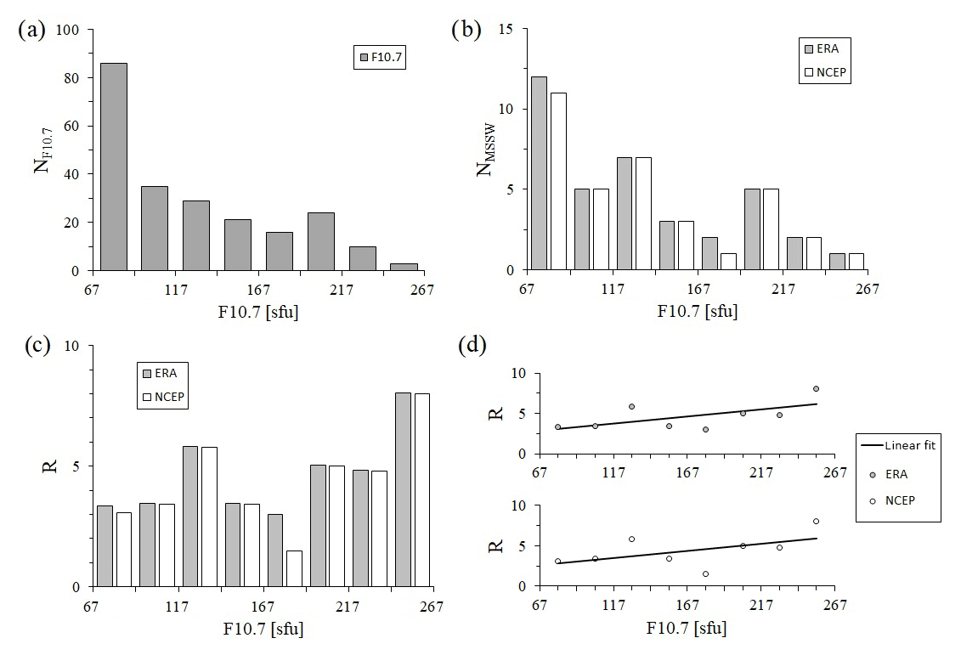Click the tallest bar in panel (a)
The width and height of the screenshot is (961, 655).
click(x=113, y=167)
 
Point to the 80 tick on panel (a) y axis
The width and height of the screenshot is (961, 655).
click(x=74, y=78)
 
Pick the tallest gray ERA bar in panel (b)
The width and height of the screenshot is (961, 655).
click(x=539, y=173)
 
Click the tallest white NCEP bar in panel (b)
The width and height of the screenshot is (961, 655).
click(x=558, y=181)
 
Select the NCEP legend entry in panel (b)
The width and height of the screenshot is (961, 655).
click(x=825, y=72)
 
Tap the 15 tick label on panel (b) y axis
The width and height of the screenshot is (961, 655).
click(x=507, y=30)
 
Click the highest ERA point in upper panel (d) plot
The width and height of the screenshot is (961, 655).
click(x=816, y=388)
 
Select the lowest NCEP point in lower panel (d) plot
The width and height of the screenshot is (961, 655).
click(x=705, y=573)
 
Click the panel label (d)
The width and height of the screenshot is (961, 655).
click(x=472, y=347)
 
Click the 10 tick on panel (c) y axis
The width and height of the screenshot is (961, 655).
click(x=74, y=347)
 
